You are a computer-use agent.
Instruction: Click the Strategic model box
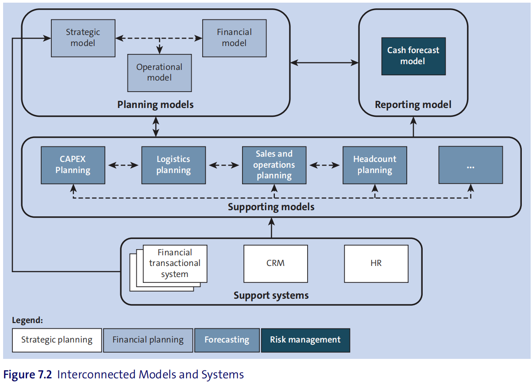[x=83, y=38]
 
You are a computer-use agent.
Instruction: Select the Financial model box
[x=235, y=38]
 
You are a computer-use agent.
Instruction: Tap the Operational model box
[x=159, y=73]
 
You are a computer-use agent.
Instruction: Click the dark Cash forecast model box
[x=413, y=56]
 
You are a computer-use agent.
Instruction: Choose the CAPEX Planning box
[x=73, y=165]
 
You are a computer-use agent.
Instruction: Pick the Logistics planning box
[x=173, y=165]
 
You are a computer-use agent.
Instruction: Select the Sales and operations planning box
[x=274, y=165]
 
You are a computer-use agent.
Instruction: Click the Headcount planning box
[x=375, y=165]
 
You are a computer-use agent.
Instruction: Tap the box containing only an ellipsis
[x=471, y=165]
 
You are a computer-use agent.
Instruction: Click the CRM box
[x=275, y=264]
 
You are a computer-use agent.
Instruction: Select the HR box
[x=376, y=264]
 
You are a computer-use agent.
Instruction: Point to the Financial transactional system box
[x=175, y=264]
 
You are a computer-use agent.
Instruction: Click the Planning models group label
[x=155, y=105]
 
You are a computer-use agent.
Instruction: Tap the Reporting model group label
[x=413, y=105]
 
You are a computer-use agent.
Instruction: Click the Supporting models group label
[x=271, y=207]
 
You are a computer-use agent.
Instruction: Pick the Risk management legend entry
[x=305, y=340]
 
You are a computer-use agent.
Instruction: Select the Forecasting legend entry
[x=227, y=340]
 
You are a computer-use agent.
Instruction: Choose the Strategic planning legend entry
[x=57, y=340]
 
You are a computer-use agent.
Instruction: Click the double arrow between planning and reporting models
[x=324, y=63]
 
